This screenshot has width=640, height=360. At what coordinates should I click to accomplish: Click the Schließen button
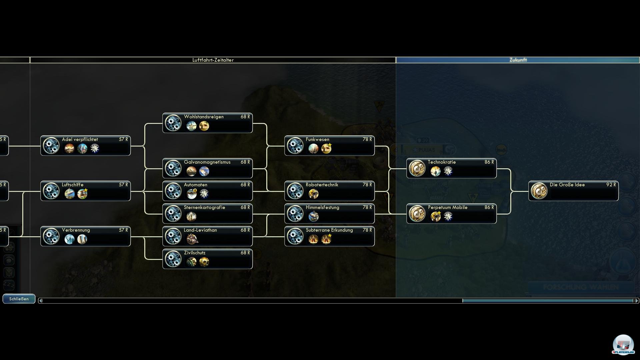click(19, 299)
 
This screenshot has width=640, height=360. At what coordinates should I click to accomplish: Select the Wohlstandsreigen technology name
click(204, 117)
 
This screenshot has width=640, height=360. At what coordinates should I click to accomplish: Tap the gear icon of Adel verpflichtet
click(51, 146)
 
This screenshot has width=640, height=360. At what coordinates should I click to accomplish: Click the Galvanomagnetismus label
click(207, 162)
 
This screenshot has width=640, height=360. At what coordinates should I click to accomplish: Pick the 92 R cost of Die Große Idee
click(611, 185)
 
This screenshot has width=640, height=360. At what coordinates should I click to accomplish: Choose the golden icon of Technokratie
click(417, 168)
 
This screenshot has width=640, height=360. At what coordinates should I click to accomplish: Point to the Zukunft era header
click(518, 60)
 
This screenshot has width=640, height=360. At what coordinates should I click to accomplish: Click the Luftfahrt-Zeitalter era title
click(213, 60)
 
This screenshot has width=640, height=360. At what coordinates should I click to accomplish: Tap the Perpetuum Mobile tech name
click(448, 207)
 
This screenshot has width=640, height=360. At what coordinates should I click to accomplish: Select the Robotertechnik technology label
click(322, 185)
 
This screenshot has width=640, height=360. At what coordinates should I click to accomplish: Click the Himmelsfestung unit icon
click(313, 217)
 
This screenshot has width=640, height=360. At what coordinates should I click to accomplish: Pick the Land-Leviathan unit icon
click(192, 239)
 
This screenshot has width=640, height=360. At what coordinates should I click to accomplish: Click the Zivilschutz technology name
click(195, 253)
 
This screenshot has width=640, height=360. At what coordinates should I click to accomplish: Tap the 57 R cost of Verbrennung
click(123, 230)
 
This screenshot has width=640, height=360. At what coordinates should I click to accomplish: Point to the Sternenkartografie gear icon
click(173, 214)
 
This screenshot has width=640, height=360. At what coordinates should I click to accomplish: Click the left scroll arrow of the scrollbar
click(41, 301)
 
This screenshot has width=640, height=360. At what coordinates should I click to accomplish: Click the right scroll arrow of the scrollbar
click(636, 301)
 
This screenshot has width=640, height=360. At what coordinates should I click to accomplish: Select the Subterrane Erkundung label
click(329, 230)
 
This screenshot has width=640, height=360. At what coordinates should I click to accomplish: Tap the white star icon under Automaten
click(204, 194)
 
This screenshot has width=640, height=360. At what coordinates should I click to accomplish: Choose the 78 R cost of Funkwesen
click(367, 139)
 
